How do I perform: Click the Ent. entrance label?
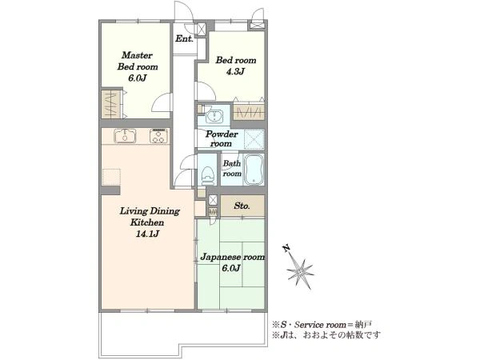tap(184, 39)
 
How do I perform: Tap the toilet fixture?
tap(207, 175)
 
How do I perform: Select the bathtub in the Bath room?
tap(254, 170)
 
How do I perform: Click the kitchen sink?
tap(125, 136)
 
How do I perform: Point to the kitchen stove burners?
tap(159, 136)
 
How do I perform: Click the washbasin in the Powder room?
tap(214, 116)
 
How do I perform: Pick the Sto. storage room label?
tap(242, 206)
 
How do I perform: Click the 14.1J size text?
tap(147, 234)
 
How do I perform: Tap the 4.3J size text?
tap(235, 72)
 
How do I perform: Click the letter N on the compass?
tap(286, 248)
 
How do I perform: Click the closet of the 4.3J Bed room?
tap(249, 112)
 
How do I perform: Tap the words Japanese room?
tap(232, 257)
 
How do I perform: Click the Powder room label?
tap(222, 138)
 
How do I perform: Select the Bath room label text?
tap(232, 168)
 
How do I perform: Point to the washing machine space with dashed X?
tap(254, 139)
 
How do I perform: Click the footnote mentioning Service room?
tap(322, 325)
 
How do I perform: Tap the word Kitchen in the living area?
tap(147, 222)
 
